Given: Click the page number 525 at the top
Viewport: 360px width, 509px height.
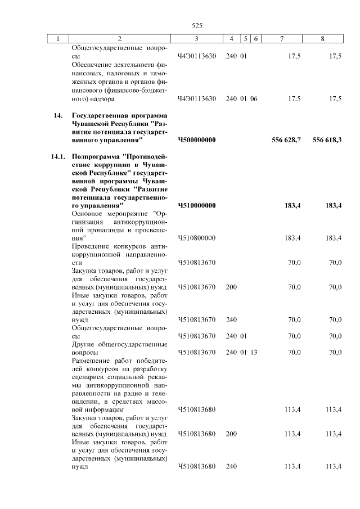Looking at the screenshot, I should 197,26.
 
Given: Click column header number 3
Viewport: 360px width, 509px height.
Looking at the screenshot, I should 196,38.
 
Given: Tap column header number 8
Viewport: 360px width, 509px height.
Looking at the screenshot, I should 322,38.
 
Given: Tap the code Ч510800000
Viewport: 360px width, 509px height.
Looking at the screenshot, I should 196,239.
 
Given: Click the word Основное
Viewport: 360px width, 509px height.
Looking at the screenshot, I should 89,214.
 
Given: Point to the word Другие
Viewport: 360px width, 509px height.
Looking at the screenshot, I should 83,344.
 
